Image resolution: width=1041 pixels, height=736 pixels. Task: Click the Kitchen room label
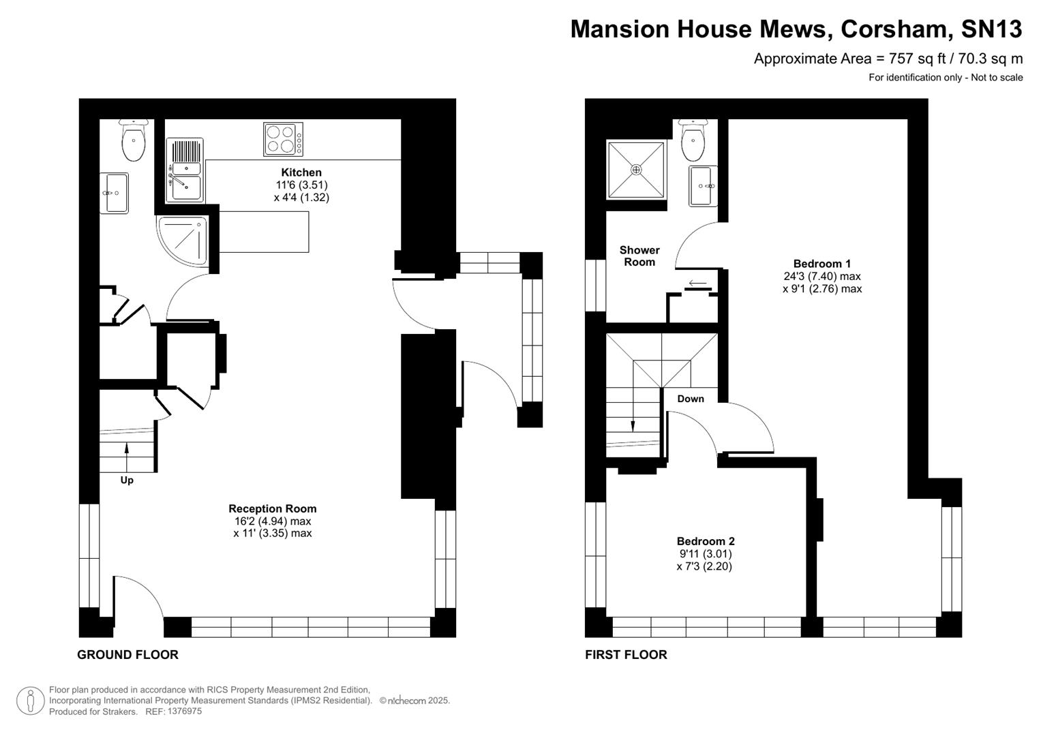pyautogui.click(x=301, y=172)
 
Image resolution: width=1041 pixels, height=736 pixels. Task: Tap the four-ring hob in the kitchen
pyautogui.click(x=283, y=139)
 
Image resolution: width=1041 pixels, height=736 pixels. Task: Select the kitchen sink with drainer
pyautogui.click(x=185, y=170)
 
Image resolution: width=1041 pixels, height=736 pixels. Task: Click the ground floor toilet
pyautogui.click(x=133, y=140)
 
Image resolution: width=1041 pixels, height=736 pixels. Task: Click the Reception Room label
pyautogui.click(x=272, y=508)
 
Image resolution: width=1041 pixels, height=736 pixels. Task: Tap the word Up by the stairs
pyautogui.click(x=127, y=480)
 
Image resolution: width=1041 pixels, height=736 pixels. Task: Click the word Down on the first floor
pyautogui.click(x=690, y=399)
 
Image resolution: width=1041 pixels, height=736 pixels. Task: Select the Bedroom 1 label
pyautogui.click(x=821, y=264)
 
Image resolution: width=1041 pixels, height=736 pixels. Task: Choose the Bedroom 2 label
pyautogui.click(x=705, y=541)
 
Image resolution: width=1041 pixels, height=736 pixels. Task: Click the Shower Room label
pyautogui.click(x=639, y=256)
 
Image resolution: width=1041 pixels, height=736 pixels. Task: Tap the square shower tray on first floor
pyautogui.click(x=636, y=170)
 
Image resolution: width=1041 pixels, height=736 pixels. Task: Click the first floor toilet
pyautogui.click(x=693, y=140)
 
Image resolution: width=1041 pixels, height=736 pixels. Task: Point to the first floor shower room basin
pyautogui.click(x=703, y=186)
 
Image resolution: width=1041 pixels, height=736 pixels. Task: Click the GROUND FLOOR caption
pyautogui.click(x=127, y=655)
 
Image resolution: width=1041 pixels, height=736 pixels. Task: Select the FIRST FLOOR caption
pyautogui.click(x=626, y=655)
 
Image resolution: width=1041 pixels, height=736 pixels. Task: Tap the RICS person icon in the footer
pyautogui.click(x=30, y=701)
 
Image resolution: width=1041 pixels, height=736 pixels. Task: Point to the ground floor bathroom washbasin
pyautogui.click(x=114, y=193)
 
